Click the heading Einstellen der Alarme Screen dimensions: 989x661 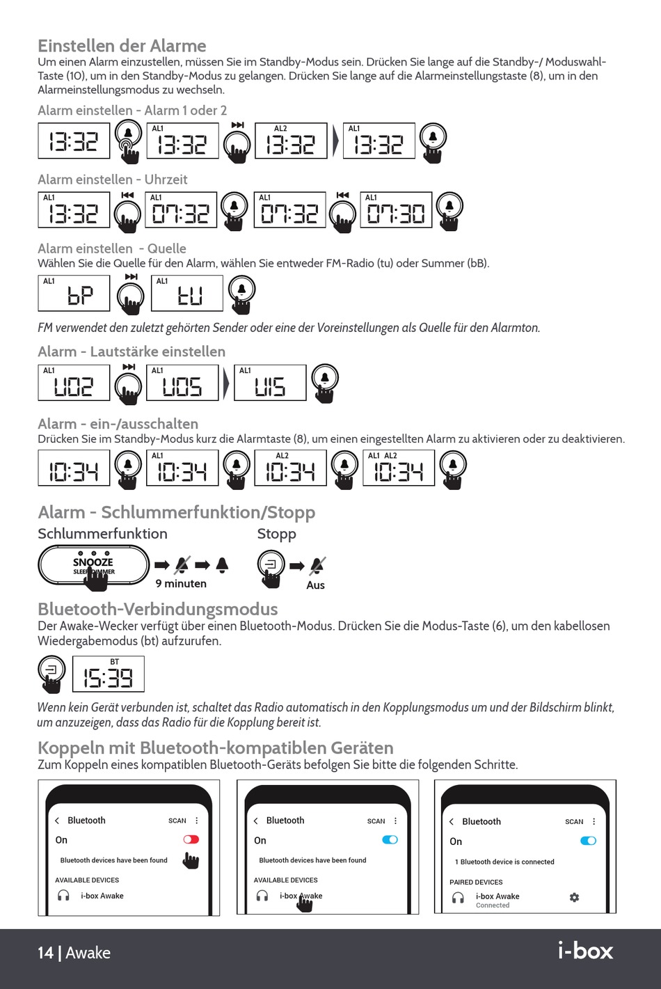point(122,46)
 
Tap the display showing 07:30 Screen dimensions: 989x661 point(395,210)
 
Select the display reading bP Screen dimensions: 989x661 point(74,293)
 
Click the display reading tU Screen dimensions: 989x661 point(187,293)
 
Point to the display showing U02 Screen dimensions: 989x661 point(74,383)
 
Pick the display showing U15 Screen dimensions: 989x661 point(270,383)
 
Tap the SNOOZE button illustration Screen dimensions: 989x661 point(93,564)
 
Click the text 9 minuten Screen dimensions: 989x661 point(181,584)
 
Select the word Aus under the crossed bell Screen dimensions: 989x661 point(315,585)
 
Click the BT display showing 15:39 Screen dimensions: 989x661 point(108,674)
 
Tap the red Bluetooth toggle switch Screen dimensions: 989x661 point(191,839)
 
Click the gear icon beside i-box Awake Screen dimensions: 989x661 point(574,897)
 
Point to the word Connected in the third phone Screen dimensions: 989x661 point(493,905)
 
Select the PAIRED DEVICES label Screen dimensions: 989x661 point(476,882)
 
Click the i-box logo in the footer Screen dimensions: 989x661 point(585,951)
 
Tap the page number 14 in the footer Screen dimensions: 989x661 point(45,953)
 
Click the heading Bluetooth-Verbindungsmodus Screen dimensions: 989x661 point(157,609)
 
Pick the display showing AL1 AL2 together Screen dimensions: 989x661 point(399,468)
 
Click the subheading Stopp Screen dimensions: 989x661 point(276,534)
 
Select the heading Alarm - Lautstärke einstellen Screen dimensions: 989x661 point(132,351)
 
